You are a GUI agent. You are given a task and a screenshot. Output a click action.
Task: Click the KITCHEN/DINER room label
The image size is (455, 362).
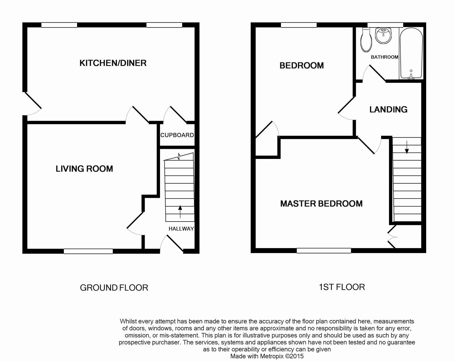pyautogui.click(x=113, y=63)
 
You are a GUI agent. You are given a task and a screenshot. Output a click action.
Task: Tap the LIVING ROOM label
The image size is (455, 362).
pyautogui.click(x=84, y=169)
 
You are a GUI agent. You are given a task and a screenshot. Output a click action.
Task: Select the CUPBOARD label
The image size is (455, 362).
pyautogui.click(x=177, y=135)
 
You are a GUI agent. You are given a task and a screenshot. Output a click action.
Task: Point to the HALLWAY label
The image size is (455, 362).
pyautogui.click(x=181, y=229)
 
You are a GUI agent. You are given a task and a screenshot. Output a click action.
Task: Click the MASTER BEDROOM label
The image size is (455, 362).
pyautogui.click(x=321, y=203)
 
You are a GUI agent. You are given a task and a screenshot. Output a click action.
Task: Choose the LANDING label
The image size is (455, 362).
pyautogui.click(x=388, y=109)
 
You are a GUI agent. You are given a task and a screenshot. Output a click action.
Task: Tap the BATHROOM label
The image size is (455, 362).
pyautogui.click(x=384, y=57)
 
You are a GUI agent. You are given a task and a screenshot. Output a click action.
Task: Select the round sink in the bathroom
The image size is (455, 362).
pyautogui.click(x=383, y=35)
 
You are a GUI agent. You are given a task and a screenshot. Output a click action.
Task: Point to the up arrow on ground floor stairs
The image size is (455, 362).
pyautogui.click(x=180, y=211)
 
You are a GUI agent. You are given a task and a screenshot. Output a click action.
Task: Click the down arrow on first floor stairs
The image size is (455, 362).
pyautogui.click(x=407, y=147)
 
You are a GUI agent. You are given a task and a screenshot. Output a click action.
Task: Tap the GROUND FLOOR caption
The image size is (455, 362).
pyautogui.click(x=114, y=288)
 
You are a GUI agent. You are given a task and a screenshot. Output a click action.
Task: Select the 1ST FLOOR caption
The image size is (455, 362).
pyautogui.click(x=342, y=287)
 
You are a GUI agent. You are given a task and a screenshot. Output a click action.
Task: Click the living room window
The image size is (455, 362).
pyautogui.click(x=88, y=251)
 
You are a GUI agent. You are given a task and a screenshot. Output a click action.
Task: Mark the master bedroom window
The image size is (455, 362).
pyautogui.click(x=324, y=250)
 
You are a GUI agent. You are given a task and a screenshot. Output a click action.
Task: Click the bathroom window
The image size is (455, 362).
pyautogui.click(x=385, y=25)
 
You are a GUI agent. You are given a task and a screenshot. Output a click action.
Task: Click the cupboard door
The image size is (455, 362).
pyautogui.click(x=177, y=115)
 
